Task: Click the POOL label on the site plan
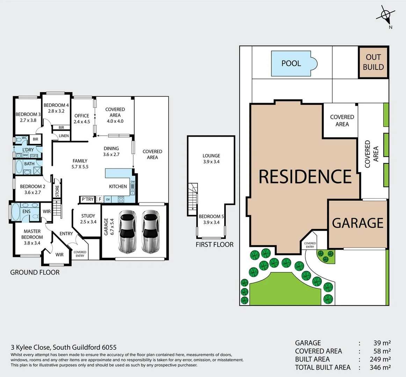pyautogui.click(x=291, y=64)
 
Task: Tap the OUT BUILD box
pyautogui.click(x=373, y=62)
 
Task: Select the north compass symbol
pyautogui.click(x=386, y=15)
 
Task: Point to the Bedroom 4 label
pyautogui.click(x=56, y=108)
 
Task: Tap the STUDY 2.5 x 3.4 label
pyautogui.click(x=88, y=219)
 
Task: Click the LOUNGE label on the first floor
pyautogui.click(x=211, y=158)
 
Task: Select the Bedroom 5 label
pyautogui.click(x=211, y=219)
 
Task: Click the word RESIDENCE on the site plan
pyautogui.click(x=305, y=177)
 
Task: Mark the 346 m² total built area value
pyautogui.click(x=380, y=367)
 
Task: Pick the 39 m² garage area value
pyautogui.click(x=382, y=343)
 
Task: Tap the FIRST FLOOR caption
pyautogui.click(x=214, y=245)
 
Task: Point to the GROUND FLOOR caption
pyautogui.click(x=35, y=272)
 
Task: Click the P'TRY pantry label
pyautogui.click(x=87, y=199)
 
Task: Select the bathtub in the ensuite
pyautogui.click(x=15, y=212)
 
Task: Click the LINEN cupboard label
pyautogui.click(x=64, y=136)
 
